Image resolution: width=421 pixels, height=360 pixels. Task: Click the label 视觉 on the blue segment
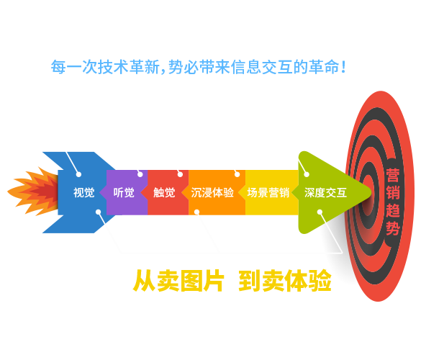(x=83, y=193)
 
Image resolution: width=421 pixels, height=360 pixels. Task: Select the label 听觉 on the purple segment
(x=124, y=193)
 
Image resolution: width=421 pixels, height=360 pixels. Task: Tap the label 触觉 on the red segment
(x=164, y=193)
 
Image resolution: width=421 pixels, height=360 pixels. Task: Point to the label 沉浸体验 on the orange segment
(x=212, y=193)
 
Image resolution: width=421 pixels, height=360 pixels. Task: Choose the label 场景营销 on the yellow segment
(x=268, y=193)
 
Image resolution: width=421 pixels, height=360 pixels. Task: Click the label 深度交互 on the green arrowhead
(x=325, y=193)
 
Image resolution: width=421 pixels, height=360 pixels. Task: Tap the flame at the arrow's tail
(x=33, y=192)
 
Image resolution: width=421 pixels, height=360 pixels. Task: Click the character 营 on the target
(x=393, y=176)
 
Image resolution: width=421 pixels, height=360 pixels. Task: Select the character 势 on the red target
(x=393, y=229)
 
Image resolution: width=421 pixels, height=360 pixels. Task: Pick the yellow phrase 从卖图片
(x=178, y=281)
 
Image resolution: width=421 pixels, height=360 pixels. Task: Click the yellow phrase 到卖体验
(x=285, y=281)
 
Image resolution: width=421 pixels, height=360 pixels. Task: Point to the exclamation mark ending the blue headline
(x=343, y=67)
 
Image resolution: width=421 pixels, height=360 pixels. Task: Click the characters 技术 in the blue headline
(x=113, y=67)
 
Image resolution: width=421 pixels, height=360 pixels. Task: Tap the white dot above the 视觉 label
(x=78, y=174)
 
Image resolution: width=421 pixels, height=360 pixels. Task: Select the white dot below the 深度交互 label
(x=320, y=212)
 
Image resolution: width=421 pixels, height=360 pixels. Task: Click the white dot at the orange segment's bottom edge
(x=196, y=212)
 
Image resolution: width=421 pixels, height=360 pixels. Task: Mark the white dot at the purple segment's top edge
(x=140, y=174)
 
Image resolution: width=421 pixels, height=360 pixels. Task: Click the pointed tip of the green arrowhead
(x=371, y=192)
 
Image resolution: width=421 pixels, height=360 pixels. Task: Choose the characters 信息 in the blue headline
(x=246, y=67)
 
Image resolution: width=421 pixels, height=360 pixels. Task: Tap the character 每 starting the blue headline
(x=58, y=67)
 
